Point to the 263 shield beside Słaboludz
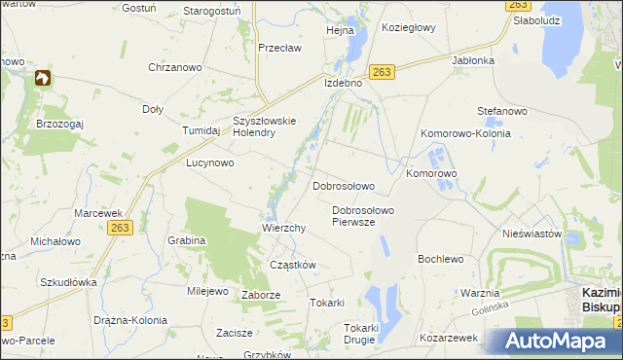coord(517,6)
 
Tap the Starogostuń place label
coord(211,11)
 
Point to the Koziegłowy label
coord(409,28)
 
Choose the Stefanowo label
coord(502,111)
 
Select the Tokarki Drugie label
coord(360,334)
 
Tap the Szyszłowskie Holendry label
coord(264,127)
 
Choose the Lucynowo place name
coord(210,163)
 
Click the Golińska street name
coord(493,309)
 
